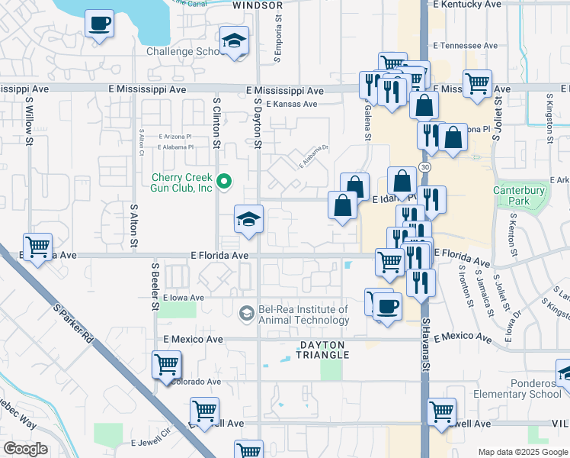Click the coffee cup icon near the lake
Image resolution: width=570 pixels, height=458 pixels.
click(x=99, y=24)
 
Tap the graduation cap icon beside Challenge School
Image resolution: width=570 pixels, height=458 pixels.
click(x=235, y=41)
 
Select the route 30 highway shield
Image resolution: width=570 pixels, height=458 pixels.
click(x=424, y=166)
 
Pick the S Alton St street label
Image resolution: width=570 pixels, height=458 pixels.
click(x=134, y=224)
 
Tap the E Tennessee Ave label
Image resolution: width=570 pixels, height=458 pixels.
click(x=465, y=46)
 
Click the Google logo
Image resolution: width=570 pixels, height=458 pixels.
click(x=25, y=449)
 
